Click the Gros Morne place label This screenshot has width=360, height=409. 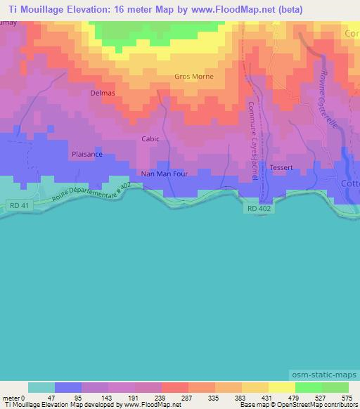pos(193,76)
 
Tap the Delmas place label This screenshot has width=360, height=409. pos(103,93)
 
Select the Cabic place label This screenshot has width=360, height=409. pos(150,138)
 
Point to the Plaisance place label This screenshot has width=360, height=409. pos(86,154)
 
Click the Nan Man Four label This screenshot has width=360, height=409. pos(164,174)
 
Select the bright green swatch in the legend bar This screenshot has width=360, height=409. pos(308,387)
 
